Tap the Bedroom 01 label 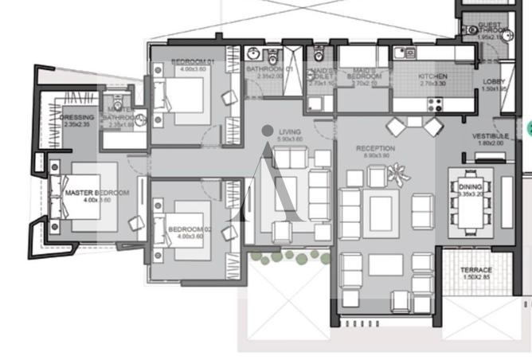tap(188, 62)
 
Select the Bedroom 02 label tap(188, 229)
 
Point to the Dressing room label tap(76, 117)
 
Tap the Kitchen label tap(432, 76)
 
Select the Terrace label tap(475, 270)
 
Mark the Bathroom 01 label tap(269, 69)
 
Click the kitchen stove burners tap(436, 103)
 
